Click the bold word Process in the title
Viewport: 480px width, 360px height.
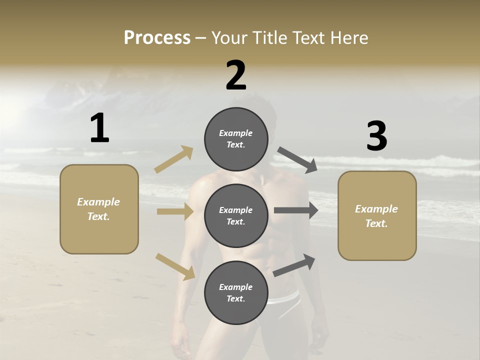[x=157, y=38]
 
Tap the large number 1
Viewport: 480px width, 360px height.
[x=99, y=128]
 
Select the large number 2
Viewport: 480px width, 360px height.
[x=236, y=75]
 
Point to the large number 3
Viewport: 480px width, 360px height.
[x=376, y=136]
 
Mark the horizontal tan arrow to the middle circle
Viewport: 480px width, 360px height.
[x=175, y=211]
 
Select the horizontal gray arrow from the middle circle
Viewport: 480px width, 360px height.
[x=295, y=210]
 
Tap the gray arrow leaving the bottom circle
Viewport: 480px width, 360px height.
[x=294, y=265]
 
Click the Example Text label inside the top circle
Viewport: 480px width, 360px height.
[x=236, y=139]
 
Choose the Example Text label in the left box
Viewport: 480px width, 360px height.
[x=98, y=209]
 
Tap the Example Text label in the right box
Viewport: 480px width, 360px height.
[x=376, y=216]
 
